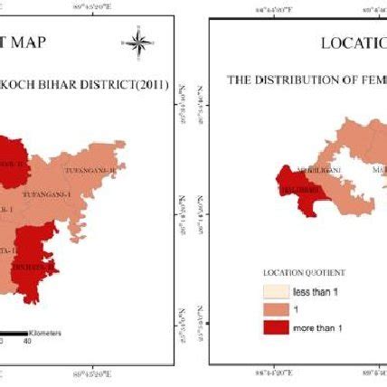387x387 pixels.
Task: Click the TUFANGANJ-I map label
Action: click(60, 192)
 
